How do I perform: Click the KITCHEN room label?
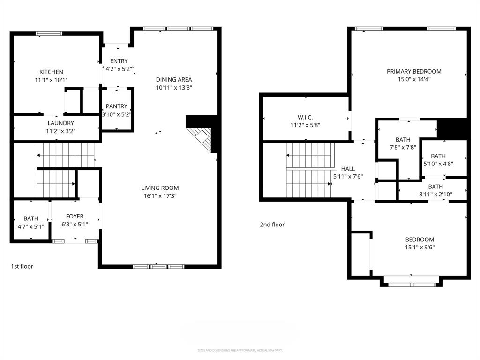(51, 72)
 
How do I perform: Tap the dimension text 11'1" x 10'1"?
(51, 80)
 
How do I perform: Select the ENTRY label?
(119, 61)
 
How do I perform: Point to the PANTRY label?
(117, 106)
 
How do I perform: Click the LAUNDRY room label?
(60, 123)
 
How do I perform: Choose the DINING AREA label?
(174, 79)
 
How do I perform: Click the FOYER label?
(75, 216)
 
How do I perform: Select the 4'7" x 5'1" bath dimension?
(31, 226)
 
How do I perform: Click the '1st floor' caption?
(22, 266)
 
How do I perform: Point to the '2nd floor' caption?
(272, 225)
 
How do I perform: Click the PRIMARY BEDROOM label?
(414, 71)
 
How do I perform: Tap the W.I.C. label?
(305, 117)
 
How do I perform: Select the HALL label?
(348, 169)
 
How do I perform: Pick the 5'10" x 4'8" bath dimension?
(438, 164)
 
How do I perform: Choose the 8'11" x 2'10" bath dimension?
(435, 195)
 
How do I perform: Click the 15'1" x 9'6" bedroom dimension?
(420, 247)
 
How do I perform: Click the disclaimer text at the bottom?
(240, 350)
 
